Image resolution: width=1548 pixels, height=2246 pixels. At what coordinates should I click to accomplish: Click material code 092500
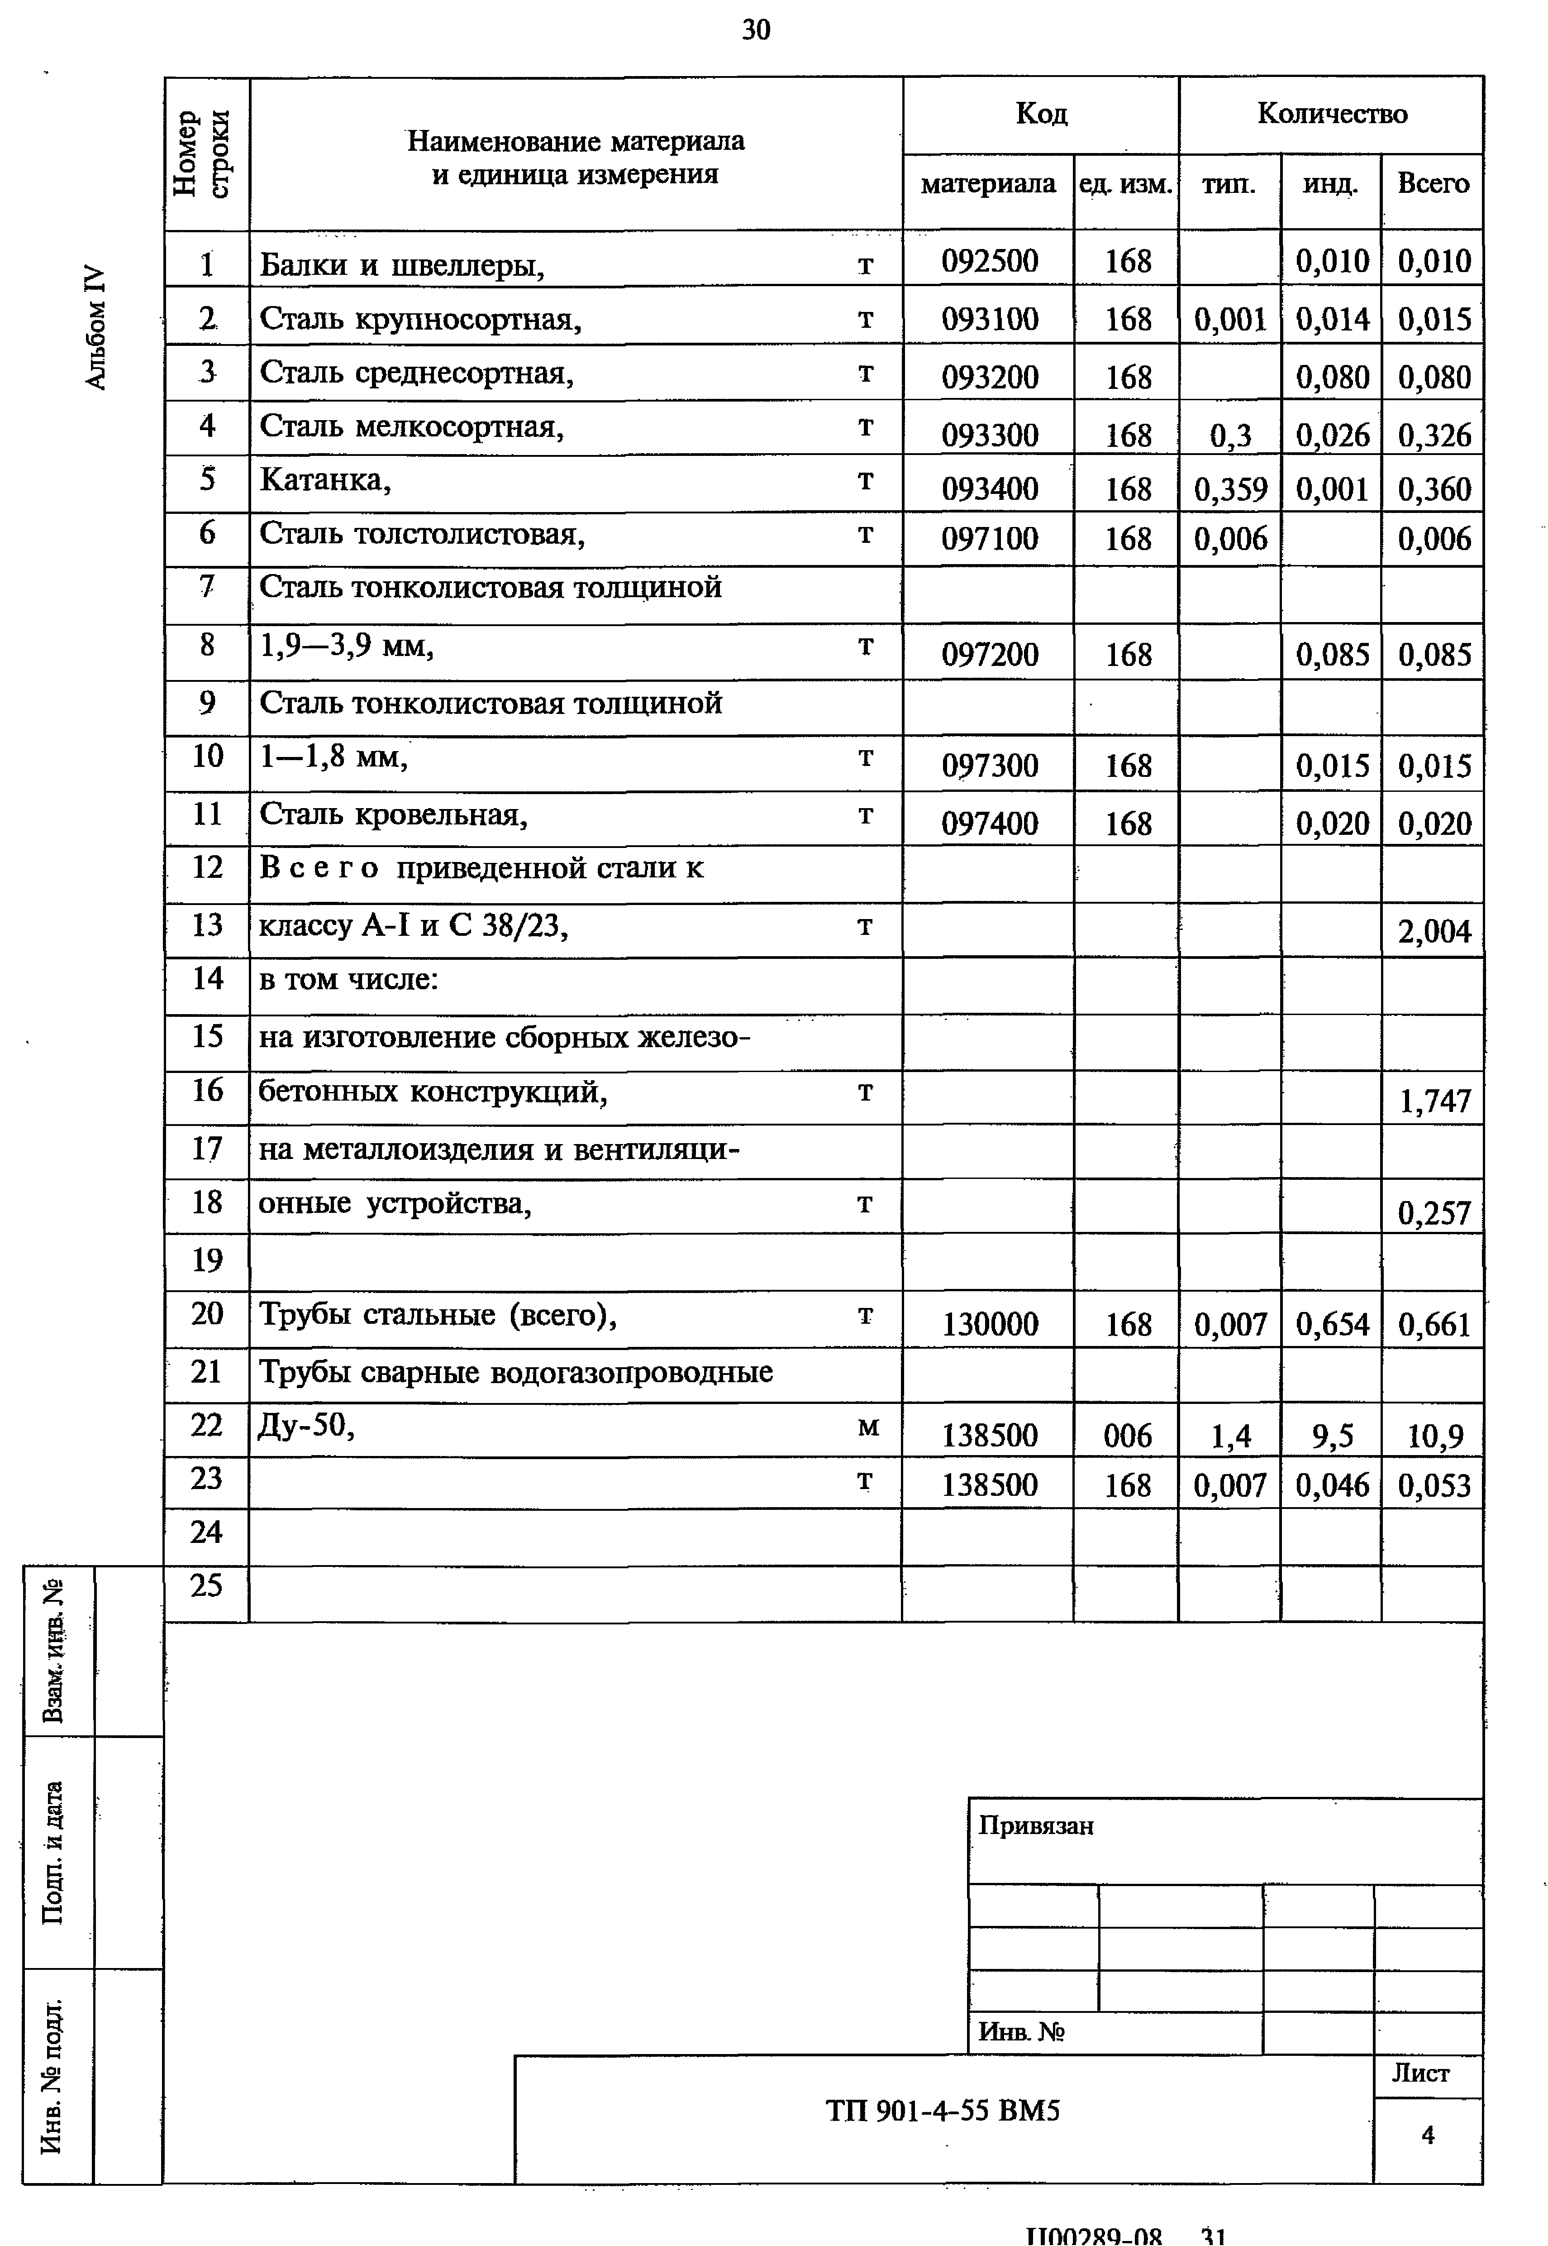pos(989,261)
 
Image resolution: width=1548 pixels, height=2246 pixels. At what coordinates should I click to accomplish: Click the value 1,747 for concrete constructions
pos(1434,1101)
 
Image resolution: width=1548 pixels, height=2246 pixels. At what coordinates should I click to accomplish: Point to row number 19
pos(207,1260)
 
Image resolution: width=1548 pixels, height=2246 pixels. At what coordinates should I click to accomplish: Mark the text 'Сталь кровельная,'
pos(393,815)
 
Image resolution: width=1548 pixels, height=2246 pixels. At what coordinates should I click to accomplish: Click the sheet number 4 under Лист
pos(1427,2133)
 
